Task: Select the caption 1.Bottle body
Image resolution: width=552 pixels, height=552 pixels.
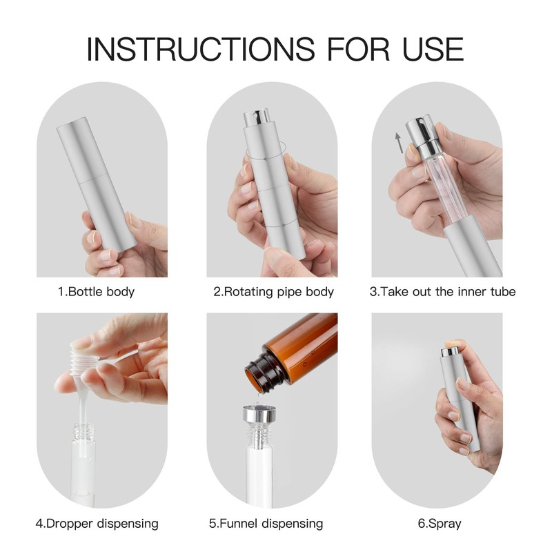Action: (96, 291)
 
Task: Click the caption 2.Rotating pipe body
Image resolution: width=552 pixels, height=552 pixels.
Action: (273, 291)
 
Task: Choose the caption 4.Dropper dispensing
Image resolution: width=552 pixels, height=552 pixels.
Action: (97, 524)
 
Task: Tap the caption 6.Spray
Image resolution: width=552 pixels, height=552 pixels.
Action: (440, 524)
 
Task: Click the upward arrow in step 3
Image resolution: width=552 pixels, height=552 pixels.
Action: (398, 143)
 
